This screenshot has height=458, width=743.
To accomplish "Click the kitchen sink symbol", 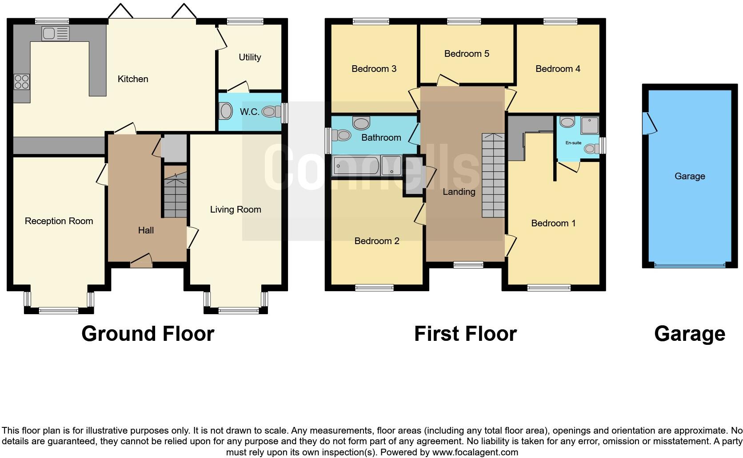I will (x=56, y=34).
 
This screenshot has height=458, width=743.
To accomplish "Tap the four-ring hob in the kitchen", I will (x=22, y=82).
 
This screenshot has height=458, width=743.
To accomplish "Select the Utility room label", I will (x=250, y=57).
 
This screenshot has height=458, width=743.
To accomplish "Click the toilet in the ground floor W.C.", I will (x=271, y=112).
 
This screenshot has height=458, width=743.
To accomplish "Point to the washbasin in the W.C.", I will (x=226, y=111).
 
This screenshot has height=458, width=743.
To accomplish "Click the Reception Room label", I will (x=59, y=221).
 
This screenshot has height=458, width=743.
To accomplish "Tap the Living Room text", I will (x=236, y=209).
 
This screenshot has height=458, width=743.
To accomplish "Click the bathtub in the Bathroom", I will (x=356, y=166).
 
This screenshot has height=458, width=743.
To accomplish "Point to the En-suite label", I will (x=573, y=143).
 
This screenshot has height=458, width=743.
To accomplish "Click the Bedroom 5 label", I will (x=467, y=54).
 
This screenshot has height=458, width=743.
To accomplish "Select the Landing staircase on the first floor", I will (x=493, y=175).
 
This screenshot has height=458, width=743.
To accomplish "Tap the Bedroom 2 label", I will (x=377, y=241).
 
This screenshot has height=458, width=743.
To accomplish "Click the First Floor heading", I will (x=465, y=334).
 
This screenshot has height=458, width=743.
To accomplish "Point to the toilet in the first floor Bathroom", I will (x=342, y=135).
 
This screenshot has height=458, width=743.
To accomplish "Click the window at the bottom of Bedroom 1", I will (x=549, y=288).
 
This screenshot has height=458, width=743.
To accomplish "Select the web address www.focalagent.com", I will (x=475, y=453).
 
